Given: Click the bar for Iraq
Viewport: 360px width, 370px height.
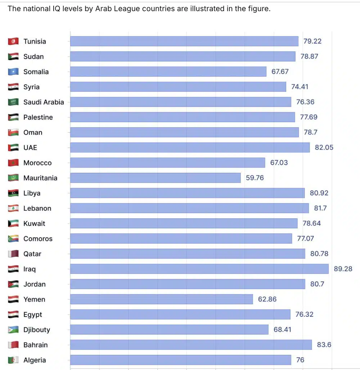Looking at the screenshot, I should coord(199,269).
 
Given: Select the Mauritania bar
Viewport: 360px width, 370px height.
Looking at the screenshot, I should coord(155,178).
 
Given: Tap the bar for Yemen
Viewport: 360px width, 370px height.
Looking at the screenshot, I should coord(161,299).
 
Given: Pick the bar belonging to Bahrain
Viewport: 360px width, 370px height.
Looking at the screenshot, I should coord(191,345).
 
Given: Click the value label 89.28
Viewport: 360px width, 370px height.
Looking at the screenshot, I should coord(343,269).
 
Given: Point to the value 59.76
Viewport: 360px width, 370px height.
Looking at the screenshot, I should coord(255,178).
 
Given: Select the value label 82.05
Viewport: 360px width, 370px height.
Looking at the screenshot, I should coord(324,147).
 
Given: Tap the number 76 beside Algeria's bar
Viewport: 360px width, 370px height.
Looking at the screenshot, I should coord(300,360).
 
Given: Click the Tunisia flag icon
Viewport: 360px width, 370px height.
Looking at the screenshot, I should coord(13,41).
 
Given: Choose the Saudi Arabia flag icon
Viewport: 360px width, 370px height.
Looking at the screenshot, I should coord(13,102).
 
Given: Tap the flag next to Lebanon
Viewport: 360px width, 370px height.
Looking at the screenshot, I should coord(13,208).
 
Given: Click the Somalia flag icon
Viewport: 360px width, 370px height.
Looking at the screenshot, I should coord(13,72).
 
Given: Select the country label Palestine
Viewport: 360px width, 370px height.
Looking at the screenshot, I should coord(38,117).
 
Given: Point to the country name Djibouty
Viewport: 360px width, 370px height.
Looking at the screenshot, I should coord(36,330).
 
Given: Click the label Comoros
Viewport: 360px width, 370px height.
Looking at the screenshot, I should coord(38,239).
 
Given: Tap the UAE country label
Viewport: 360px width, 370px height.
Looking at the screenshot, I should coord(30,147).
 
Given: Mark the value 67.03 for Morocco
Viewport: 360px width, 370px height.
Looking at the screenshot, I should coord(279,162).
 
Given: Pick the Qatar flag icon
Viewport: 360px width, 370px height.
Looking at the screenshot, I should coord(13,254).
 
